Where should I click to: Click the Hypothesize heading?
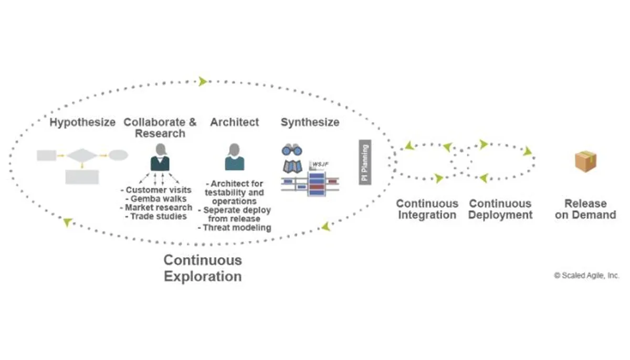(x=82, y=122)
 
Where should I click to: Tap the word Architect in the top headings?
(x=235, y=122)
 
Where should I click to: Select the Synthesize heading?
(x=310, y=122)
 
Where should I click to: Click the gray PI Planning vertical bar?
(x=365, y=162)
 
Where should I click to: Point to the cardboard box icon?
(x=585, y=161)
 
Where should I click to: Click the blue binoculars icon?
(x=292, y=150)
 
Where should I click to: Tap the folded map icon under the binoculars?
(x=292, y=166)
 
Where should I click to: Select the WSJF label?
(x=320, y=164)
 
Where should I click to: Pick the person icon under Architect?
(x=235, y=157)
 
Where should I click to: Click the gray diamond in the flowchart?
(x=82, y=155)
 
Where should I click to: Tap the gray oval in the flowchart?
(x=119, y=155)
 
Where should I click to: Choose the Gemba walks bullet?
(x=156, y=199)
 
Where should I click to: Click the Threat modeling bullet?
(x=235, y=228)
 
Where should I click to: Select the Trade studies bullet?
(x=156, y=216)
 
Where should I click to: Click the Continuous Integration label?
(x=427, y=209)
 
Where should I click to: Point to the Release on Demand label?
(x=585, y=209)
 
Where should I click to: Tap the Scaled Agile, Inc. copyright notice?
(x=587, y=276)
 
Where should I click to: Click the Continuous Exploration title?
(x=203, y=268)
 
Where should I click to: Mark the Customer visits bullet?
(x=156, y=190)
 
